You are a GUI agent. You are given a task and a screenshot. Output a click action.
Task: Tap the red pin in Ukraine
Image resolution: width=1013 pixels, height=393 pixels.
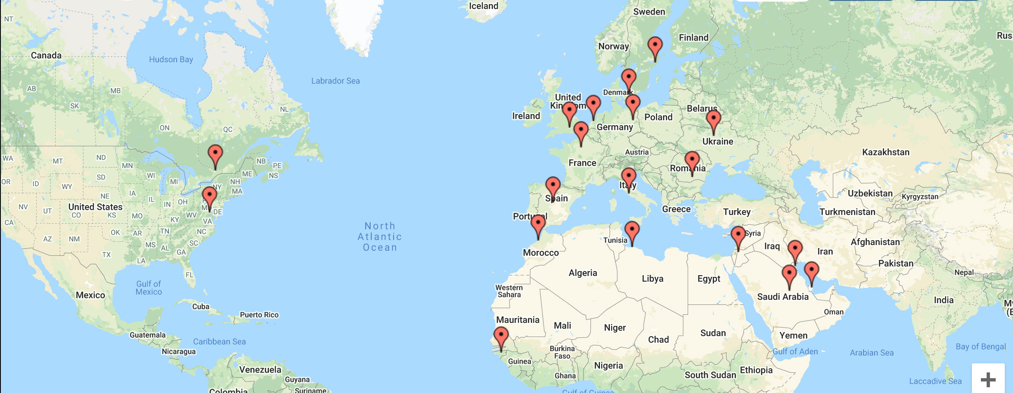(x=713, y=119)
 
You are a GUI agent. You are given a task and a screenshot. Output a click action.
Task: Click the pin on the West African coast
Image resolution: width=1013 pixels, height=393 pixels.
(x=501, y=336)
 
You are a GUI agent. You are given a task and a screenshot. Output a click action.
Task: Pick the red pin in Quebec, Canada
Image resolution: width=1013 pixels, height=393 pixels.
(x=215, y=154)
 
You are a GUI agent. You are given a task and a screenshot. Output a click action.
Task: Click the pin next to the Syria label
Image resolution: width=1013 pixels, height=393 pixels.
(x=738, y=235)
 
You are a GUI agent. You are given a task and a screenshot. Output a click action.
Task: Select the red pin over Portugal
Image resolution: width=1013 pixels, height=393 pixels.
(x=538, y=225)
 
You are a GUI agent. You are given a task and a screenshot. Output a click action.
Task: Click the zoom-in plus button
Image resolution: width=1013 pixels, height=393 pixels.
(x=988, y=379)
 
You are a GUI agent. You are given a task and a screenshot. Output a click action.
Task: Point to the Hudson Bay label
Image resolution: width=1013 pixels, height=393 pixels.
(x=171, y=59)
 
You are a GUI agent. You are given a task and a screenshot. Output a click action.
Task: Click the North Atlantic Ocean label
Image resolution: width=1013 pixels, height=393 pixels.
(x=380, y=236)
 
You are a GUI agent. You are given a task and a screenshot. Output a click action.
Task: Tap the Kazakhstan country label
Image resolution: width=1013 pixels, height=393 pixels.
(x=886, y=152)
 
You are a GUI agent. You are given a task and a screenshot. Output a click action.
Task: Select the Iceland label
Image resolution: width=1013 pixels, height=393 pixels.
(x=483, y=6)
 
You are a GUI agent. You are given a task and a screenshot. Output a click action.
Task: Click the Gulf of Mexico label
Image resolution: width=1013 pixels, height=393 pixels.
(x=149, y=288)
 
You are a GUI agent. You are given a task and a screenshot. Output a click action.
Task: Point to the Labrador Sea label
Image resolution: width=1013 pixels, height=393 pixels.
(x=335, y=81)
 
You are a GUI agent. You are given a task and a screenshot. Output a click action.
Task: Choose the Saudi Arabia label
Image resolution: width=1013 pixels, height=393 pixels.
(x=783, y=297)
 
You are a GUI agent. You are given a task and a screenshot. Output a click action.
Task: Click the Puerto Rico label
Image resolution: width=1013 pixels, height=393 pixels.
(x=259, y=315)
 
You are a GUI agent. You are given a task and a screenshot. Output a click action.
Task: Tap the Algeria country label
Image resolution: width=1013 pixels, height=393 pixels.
(x=583, y=273)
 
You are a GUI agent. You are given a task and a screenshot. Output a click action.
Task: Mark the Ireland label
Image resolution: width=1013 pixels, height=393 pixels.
(x=526, y=116)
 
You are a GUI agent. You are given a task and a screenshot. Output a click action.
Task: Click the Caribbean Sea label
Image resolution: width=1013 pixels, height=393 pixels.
(x=219, y=342)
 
